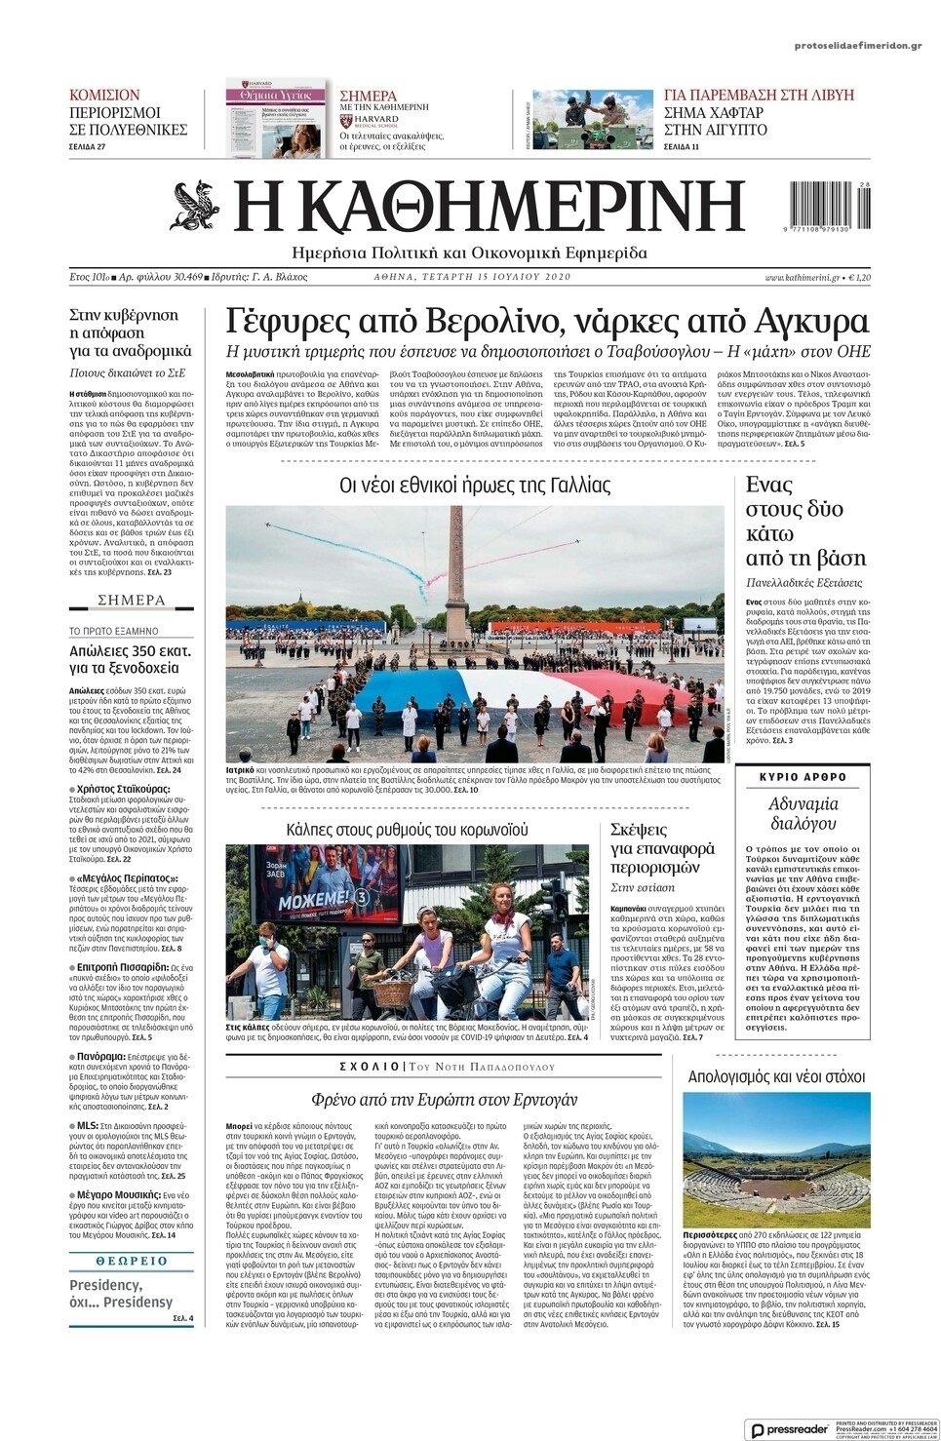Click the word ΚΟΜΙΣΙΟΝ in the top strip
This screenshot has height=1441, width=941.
tap(104, 95)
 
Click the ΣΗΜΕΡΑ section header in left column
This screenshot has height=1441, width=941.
tap(132, 600)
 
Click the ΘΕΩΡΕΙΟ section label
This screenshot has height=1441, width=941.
tap(132, 1261)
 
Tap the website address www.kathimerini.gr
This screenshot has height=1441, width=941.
tap(802, 277)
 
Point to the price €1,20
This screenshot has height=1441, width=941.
tap(860, 277)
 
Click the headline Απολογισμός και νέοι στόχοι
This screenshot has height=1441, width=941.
tap(776, 1076)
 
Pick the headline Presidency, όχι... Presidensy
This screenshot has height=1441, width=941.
tap(121, 1293)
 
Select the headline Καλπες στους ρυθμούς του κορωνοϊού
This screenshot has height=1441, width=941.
tap(407, 830)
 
